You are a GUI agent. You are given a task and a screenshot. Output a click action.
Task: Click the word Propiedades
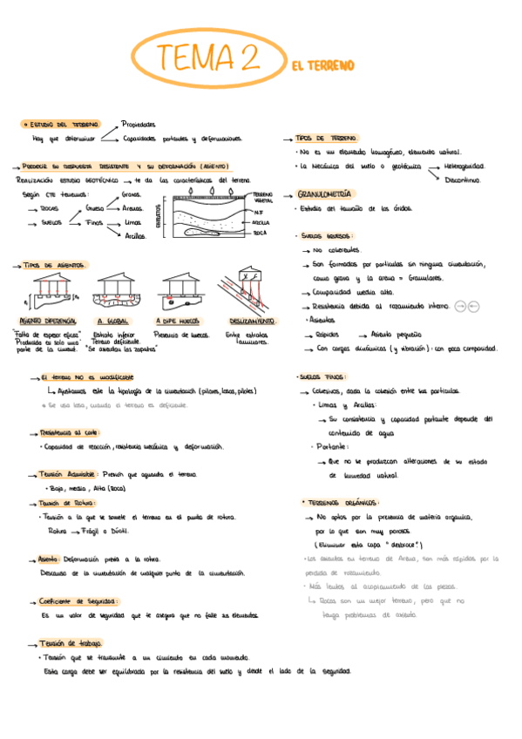[x=139, y=124]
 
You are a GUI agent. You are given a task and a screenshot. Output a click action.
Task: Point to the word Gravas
[x=132, y=194]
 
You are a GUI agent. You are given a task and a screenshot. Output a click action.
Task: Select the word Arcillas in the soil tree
[x=135, y=235]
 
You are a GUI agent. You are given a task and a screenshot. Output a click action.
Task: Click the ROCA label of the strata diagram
[x=260, y=234]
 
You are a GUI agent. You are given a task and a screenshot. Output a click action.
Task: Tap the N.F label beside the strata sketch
[x=259, y=213]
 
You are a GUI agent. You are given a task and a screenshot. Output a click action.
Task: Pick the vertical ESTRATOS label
[x=158, y=214]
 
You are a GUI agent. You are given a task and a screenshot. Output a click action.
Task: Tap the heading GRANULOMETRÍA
[x=325, y=193]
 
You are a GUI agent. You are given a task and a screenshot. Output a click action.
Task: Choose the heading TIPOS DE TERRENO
[x=326, y=138]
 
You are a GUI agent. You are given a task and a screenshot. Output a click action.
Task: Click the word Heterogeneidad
[x=464, y=165]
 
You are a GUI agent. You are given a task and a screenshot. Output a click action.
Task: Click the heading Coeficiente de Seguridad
[x=78, y=600]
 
